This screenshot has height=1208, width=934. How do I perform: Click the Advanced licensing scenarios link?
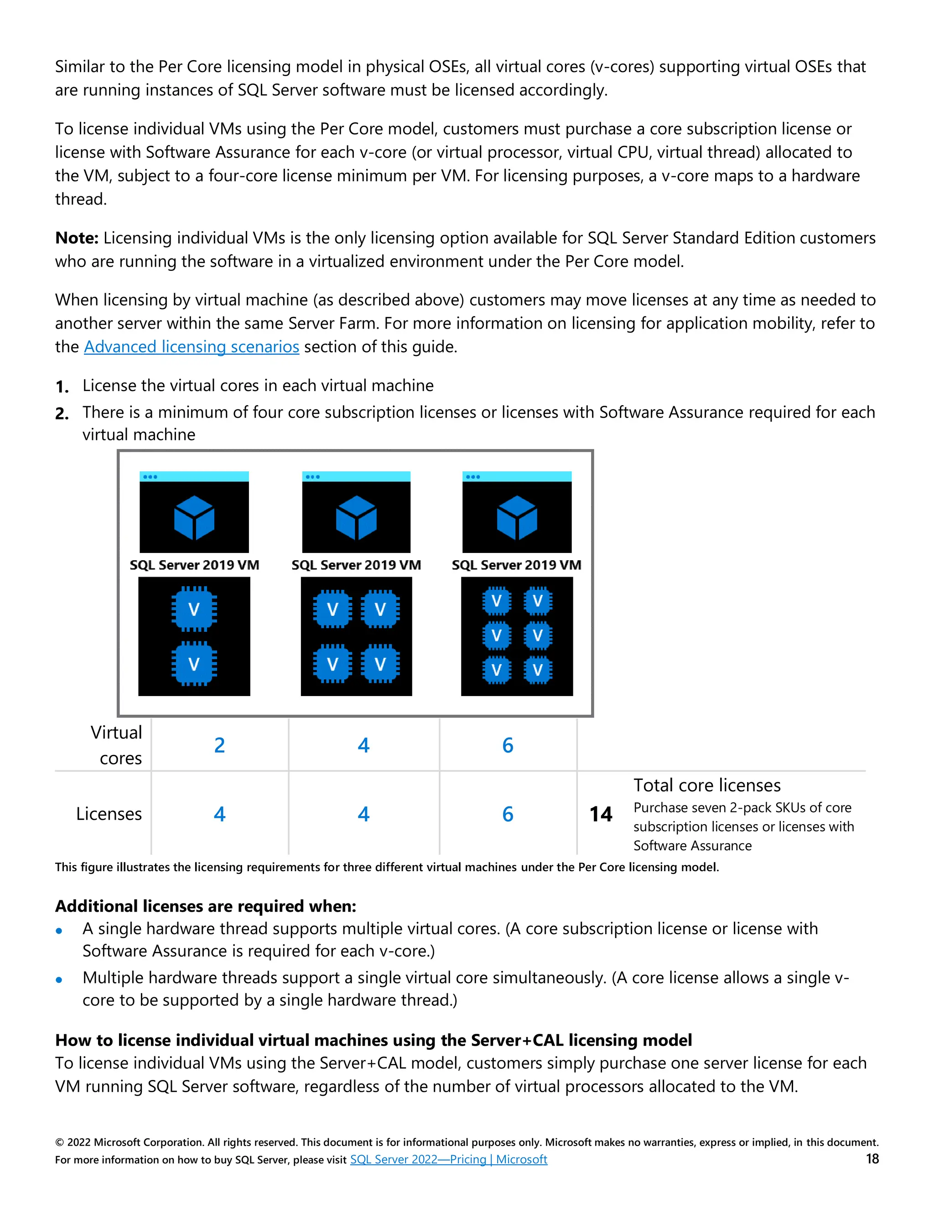click(192, 347)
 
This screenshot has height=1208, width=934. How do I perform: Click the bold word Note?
click(76, 238)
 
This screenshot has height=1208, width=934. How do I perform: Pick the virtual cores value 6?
click(508, 746)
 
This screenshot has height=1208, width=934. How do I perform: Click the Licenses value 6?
click(508, 814)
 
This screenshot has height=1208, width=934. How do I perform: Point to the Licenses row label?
click(109, 814)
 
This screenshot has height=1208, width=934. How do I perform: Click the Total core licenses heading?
click(706, 785)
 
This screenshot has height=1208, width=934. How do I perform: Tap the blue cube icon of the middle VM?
click(356, 518)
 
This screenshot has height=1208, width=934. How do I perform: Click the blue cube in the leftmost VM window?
click(194, 518)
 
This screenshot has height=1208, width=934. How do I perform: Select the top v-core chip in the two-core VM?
click(194, 609)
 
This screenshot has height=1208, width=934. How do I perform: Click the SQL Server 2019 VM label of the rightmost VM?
click(516, 565)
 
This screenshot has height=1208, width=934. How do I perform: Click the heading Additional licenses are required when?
click(205, 906)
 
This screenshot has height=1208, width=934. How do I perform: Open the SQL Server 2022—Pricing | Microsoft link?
click(448, 1159)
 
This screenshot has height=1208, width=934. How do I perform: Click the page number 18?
click(872, 1159)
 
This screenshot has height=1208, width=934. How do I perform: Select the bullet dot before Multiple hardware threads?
click(59, 980)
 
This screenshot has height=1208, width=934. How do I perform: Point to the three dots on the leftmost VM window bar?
click(150, 477)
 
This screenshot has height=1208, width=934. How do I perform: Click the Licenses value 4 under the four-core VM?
click(363, 814)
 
